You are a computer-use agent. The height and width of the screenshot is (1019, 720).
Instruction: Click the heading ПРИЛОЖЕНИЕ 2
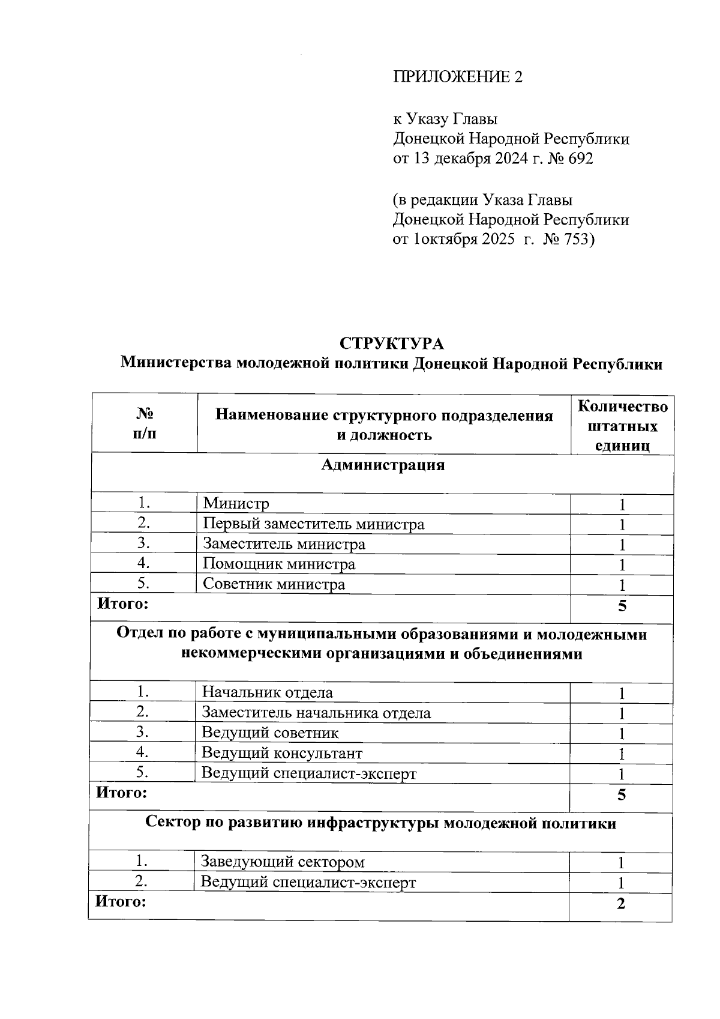[457, 77]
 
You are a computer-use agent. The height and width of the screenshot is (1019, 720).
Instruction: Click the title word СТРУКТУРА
[391, 343]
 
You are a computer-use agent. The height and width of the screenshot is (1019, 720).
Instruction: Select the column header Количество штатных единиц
[622, 426]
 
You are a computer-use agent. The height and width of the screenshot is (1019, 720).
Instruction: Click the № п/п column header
[145, 424]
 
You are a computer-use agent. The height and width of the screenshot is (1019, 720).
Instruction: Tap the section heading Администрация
[383, 465]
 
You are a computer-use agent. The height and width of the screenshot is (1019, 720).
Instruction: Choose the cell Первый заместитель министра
[313, 524]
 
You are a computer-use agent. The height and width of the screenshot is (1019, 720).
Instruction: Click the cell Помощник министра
[279, 564]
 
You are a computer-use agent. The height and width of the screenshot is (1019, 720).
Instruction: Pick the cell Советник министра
[274, 584]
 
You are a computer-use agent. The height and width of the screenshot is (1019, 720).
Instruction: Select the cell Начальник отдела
[267, 692]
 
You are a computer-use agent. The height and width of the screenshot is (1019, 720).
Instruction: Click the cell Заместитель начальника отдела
[316, 713]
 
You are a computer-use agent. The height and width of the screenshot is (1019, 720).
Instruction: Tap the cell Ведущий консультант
[282, 753]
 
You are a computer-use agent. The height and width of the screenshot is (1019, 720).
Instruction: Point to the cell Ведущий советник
[270, 733]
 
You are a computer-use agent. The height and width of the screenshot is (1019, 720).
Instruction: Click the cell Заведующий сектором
[283, 862]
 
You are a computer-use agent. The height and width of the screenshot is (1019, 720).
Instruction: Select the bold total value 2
[621, 904]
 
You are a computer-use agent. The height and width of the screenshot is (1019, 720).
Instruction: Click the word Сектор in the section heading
[173, 823]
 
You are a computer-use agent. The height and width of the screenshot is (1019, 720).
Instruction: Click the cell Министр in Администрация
[236, 504]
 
